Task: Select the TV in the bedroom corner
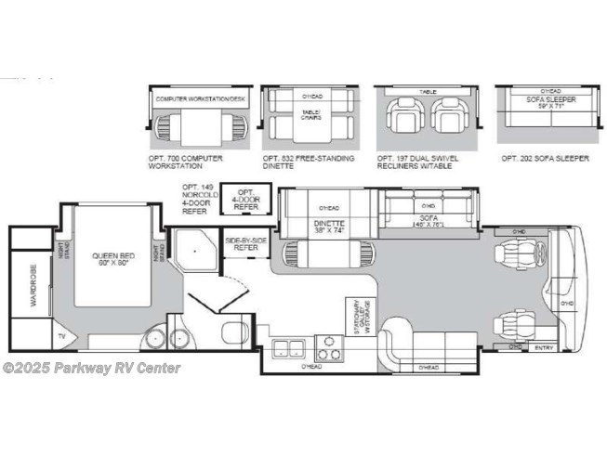click(x=62, y=336)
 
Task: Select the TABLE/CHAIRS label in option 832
click(x=309, y=115)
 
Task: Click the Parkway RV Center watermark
click(x=92, y=368)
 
